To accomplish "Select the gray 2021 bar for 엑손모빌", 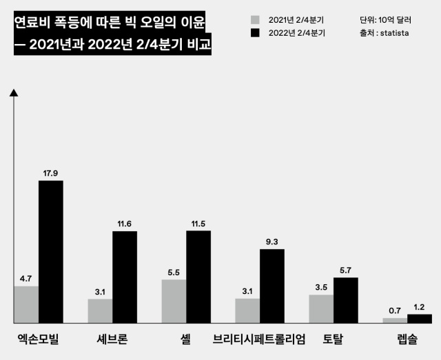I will tap(26, 304).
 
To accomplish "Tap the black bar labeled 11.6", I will tap(125, 277).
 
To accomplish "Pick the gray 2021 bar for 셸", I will tap(174, 301).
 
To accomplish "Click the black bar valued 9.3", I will tap(271, 286).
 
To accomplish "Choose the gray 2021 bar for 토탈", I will tap(321, 308).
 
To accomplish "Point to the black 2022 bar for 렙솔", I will tap(419, 319).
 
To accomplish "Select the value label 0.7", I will tap(395, 310).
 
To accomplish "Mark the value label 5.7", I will tap(346, 270).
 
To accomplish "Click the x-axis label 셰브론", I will tap(109, 339).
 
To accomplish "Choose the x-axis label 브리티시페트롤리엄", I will tap(258, 339).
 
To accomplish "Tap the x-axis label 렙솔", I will tap(407, 339).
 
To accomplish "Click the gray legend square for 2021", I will tap(255, 20).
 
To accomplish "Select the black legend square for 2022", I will tap(255, 33).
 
